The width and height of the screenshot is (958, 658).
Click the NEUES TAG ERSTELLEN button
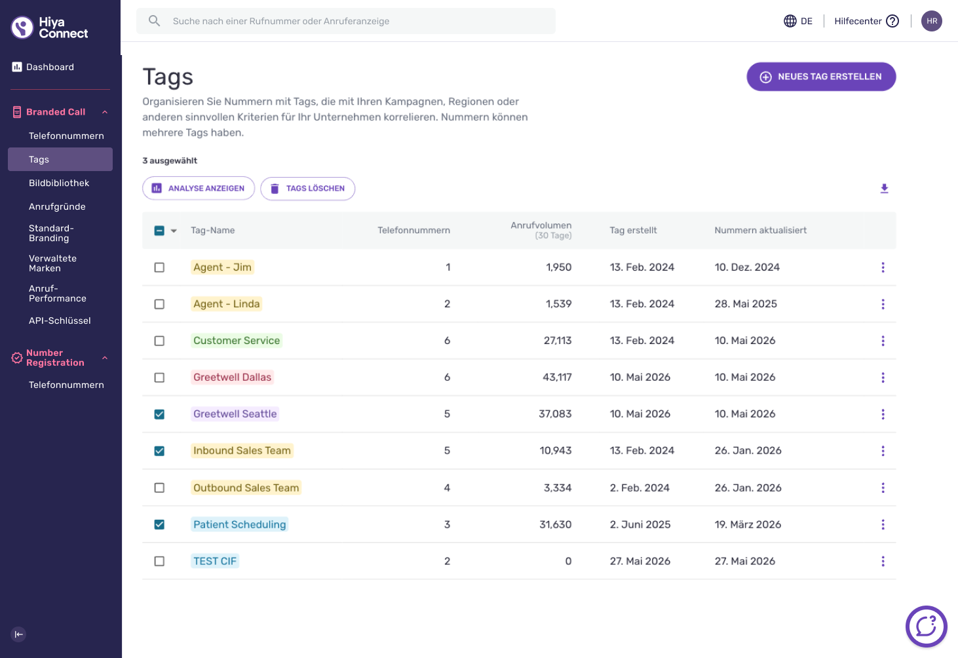(x=821, y=77)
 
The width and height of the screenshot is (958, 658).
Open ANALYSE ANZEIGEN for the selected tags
(x=199, y=188)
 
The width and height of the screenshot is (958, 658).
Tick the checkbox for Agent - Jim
(x=159, y=267)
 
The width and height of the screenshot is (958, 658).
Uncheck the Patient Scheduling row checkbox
(x=159, y=524)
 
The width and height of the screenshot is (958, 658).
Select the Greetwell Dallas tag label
(x=232, y=377)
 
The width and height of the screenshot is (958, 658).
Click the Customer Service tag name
(x=237, y=341)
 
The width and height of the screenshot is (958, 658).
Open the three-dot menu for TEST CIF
(x=883, y=561)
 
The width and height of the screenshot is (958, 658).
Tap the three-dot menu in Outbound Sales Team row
(x=883, y=488)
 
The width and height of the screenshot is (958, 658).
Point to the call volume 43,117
(x=557, y=377)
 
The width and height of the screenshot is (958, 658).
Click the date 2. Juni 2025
(x=640, y=524)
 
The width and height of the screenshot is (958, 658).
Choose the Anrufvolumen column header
(x=541, y=230)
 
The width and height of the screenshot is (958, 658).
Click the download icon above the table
(x=885, y=189)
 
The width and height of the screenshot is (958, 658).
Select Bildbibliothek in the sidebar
(x=59, y=183)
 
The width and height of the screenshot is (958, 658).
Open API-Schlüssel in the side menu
(x=60, y=321)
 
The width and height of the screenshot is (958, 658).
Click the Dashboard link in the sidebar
(x=50, y=67)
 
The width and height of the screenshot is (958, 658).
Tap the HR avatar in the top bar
(x=932, y=21)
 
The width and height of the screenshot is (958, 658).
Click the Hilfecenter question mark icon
(x=892, y=21)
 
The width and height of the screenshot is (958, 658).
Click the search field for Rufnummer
(x=346, y=21)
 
